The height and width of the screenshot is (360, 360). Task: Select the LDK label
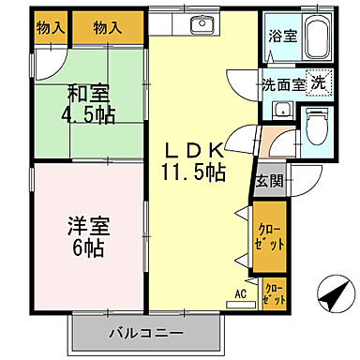click(194, 151)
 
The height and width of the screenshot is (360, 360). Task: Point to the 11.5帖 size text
click(195, 172)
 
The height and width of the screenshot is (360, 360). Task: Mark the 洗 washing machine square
click(319, 82)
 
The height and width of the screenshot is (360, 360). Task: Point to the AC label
click(241, 294)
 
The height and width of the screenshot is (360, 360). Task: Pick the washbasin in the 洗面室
click(278, 110)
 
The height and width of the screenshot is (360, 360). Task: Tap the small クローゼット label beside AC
click(275, 293)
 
